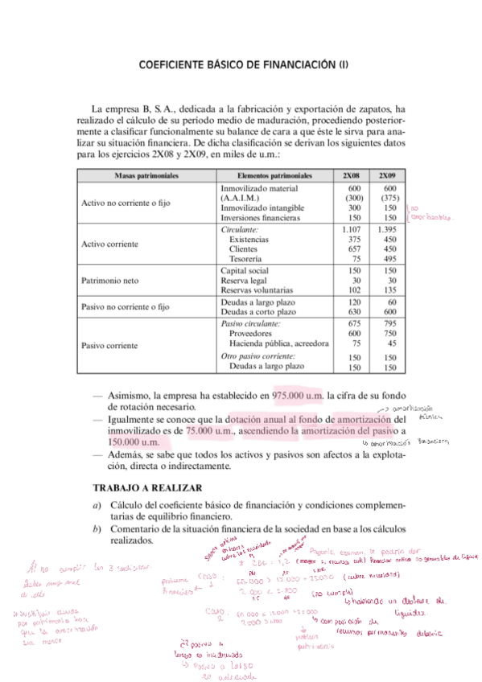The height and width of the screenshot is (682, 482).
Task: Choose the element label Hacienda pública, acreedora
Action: click(278, 343)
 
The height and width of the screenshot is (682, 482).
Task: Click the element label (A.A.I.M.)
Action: click(241, 198)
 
